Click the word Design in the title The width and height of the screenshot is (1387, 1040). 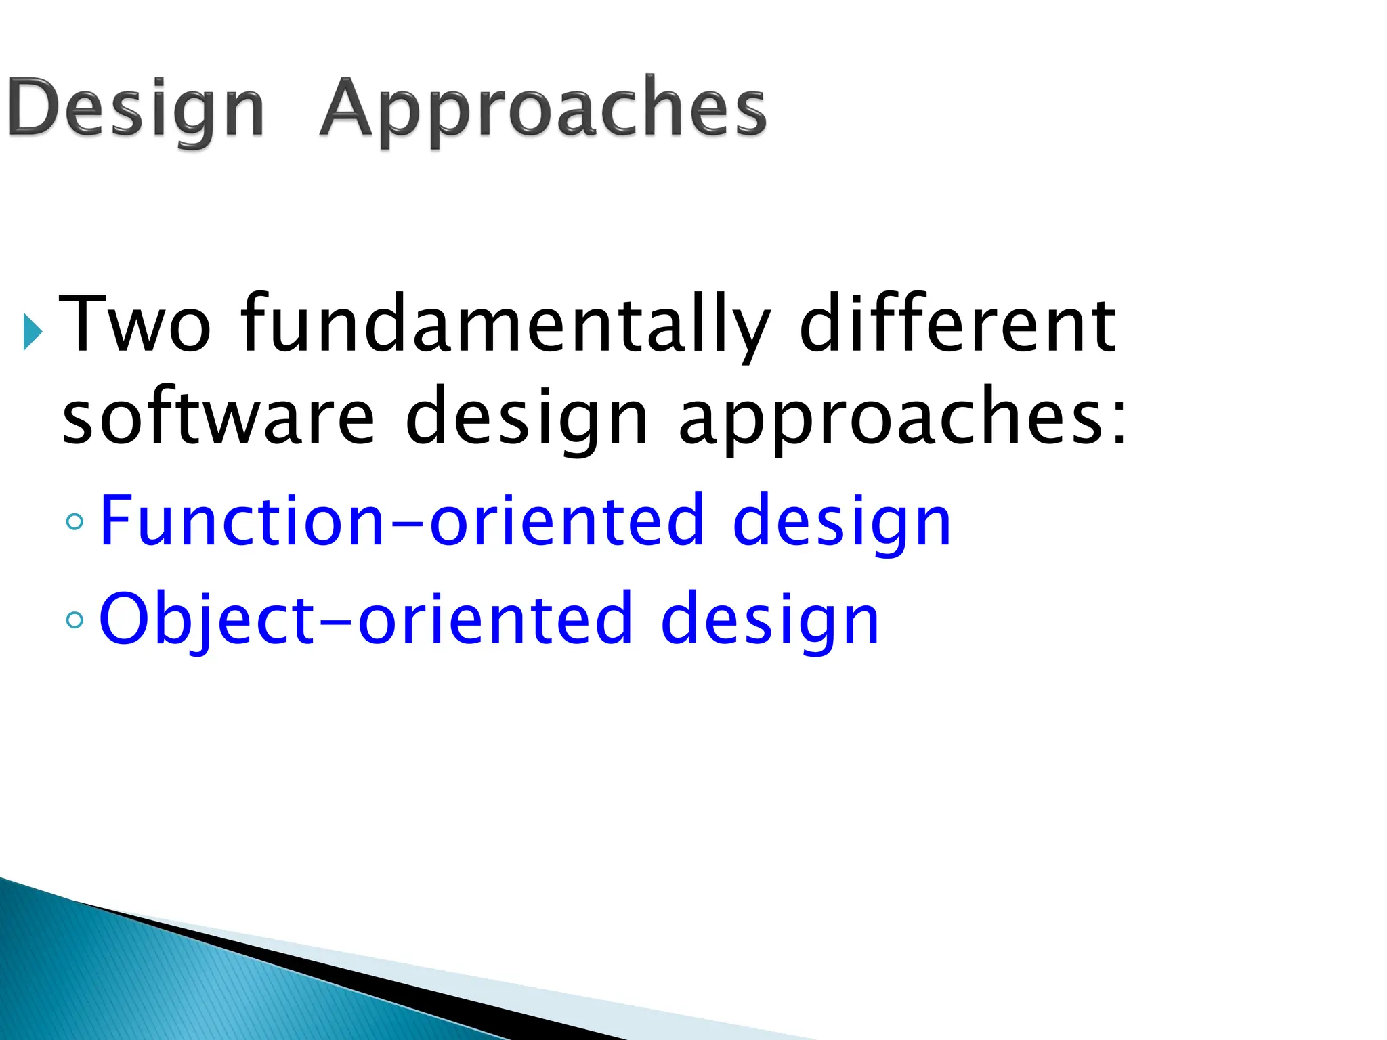point(135,108)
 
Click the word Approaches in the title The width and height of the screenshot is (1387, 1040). point(542,108)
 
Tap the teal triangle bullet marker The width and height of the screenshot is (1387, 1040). point(32,332)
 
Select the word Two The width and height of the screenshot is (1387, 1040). point(135,324)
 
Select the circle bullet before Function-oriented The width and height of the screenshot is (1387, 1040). point(75,521)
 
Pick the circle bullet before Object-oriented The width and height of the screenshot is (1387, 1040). point(75,619)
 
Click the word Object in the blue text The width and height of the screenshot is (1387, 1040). point(207,617)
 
